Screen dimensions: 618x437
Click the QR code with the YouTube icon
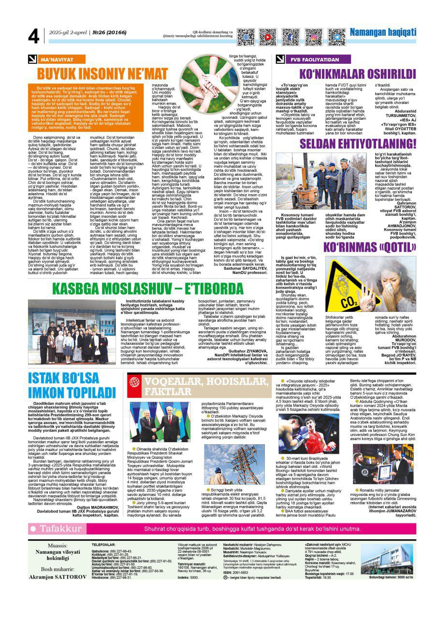pyautogui.click(x=267, y=37)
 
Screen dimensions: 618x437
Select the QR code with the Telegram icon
pyautogui.click(x=336, y=37)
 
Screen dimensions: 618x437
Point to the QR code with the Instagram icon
pyautogui.click(x=313, y=37)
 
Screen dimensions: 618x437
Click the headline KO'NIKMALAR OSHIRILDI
pyautogui.click(x=358, y=74)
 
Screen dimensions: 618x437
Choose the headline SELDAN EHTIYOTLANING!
pyautogui.click(x=358, y=144)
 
